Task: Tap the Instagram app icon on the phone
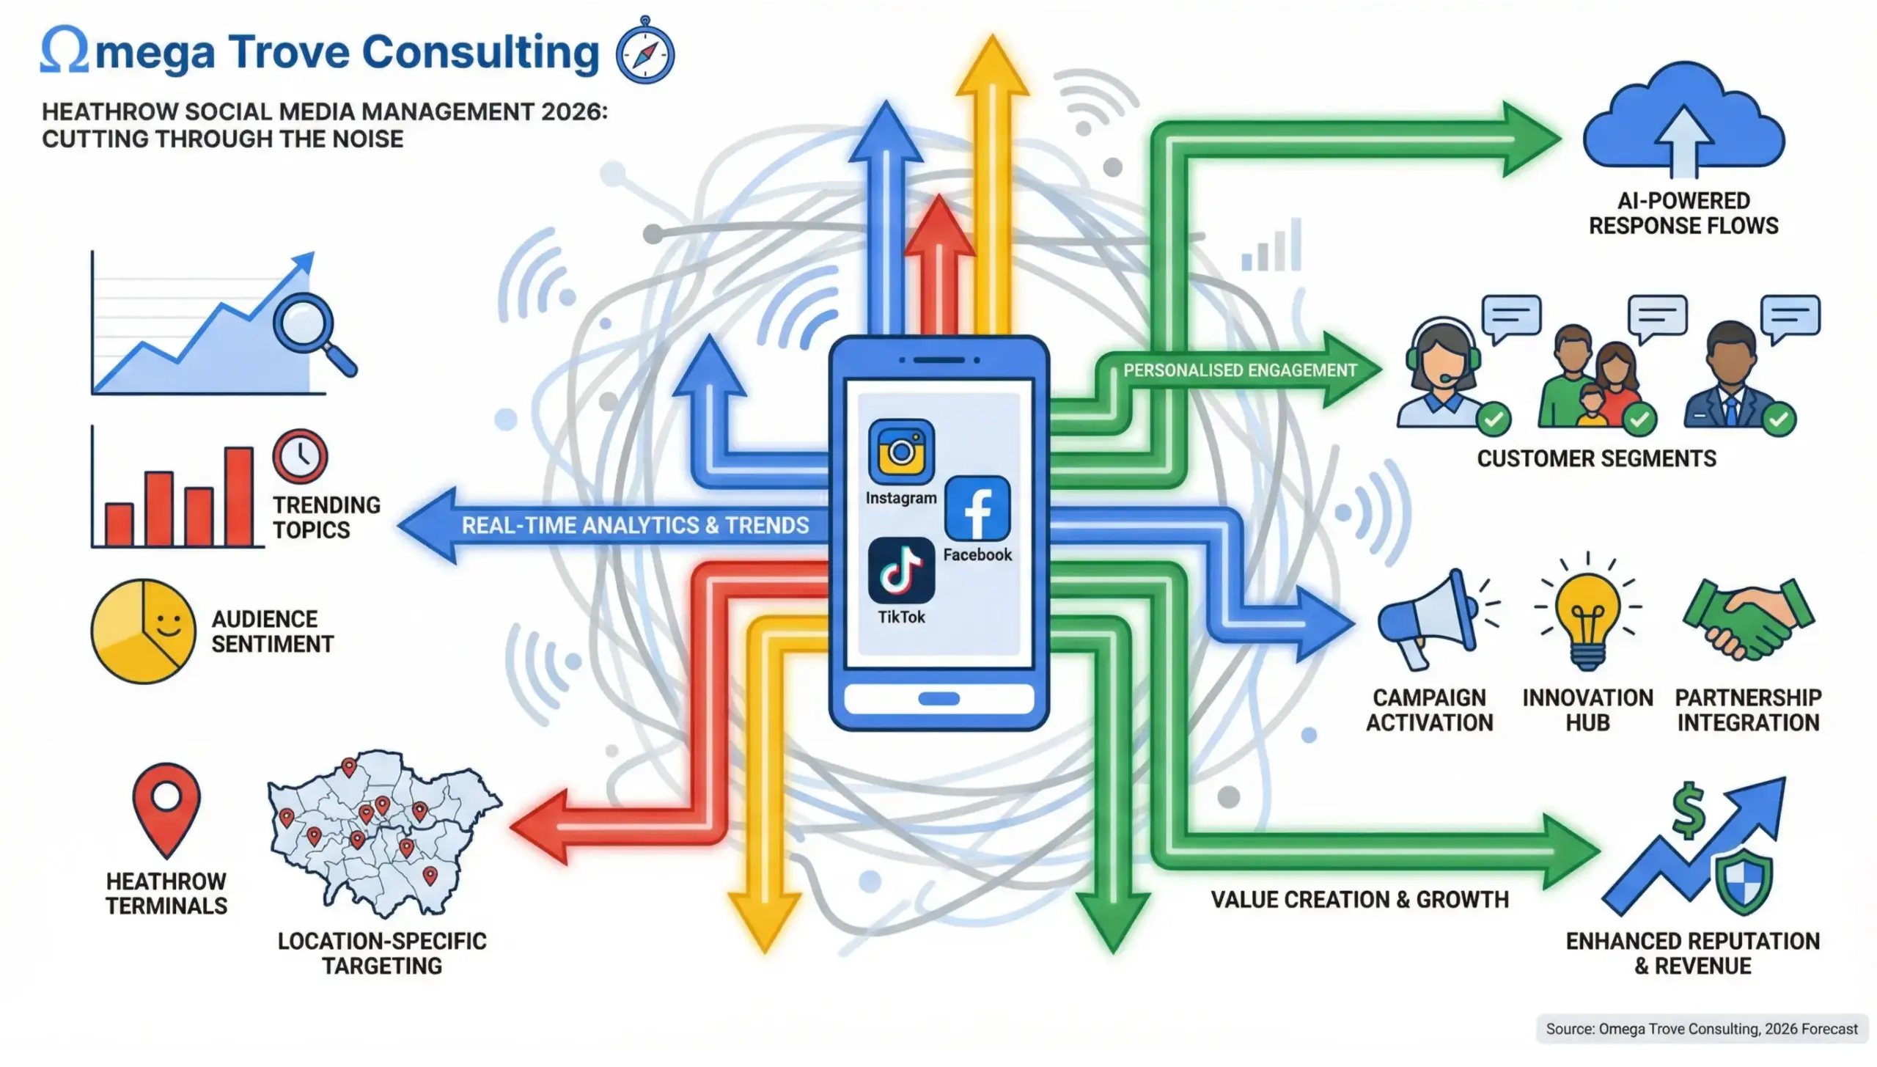pos(901,452)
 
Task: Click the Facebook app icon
pos(977,508)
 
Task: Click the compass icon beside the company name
pos(644,54)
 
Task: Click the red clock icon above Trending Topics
pos(300,456)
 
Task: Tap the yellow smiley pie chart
pos(144,631)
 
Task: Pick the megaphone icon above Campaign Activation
pos(1426,620)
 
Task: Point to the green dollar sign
pos(1689,810)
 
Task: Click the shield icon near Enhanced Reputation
pos(1742,882)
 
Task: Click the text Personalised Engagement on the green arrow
pos(1240,370)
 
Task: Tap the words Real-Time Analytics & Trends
pos(635,525)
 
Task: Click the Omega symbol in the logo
pos(65,51)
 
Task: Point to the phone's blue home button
pos(938,698)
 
